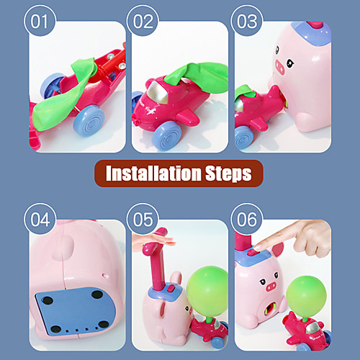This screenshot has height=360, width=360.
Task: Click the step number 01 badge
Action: [40, 21]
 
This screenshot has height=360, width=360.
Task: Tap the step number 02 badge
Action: [143, 21]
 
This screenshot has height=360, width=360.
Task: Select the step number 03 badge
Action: [247, 21]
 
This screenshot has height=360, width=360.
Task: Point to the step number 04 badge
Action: [40, 220]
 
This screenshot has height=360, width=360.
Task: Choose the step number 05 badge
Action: [143, 220]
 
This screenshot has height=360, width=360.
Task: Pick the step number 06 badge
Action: [247, 220]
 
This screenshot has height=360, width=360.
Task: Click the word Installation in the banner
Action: [153, 173]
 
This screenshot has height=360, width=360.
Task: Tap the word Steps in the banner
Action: [228, 174]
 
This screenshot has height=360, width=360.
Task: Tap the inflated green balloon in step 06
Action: [307, 296]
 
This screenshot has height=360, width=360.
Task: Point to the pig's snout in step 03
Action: [280, 67]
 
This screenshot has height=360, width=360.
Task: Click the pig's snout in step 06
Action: [271, 287]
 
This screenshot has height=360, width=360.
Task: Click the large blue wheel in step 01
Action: [89, 120]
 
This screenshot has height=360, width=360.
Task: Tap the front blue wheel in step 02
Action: [166, 135]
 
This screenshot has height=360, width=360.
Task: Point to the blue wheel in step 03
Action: [244, 138]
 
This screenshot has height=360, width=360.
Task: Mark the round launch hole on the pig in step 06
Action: [271, 308]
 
